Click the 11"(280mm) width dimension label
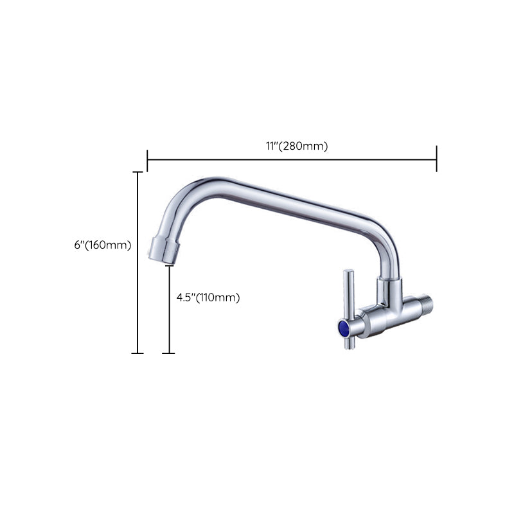297,146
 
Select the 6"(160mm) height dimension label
103,245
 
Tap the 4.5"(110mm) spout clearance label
208,297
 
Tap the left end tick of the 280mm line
147,159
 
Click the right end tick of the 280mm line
436,159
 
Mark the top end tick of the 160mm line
137,172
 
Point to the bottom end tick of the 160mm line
137,353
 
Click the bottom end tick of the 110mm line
168,353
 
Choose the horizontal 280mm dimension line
292,159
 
